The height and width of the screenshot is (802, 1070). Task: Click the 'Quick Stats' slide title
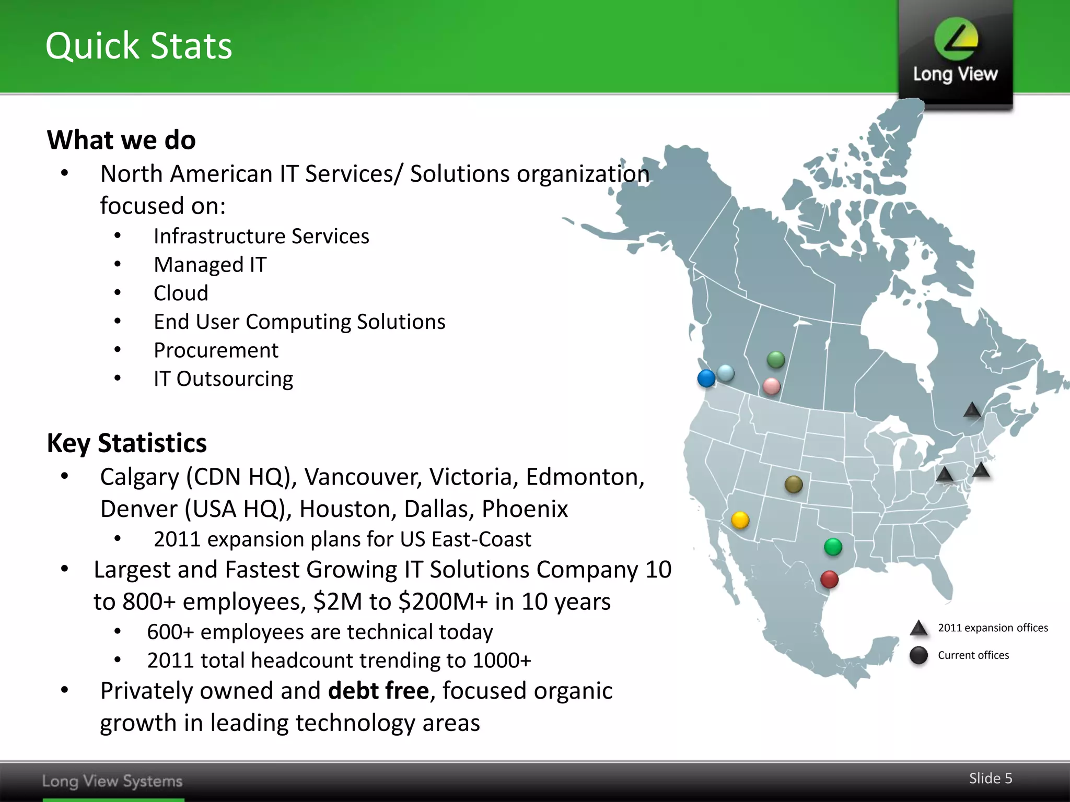[x=138, y=46]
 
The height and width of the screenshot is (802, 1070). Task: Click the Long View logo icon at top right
[x=956, y=39]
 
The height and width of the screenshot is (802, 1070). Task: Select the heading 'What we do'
[x=121, y=140]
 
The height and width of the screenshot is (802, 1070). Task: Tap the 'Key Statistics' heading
[x=126, y=443]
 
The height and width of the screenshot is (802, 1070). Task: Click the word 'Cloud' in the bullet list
[x=181, y=293]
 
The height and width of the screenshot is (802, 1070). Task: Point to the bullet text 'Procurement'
[x=216, y=350]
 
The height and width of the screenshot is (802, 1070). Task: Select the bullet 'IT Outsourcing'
[x=223, y=379]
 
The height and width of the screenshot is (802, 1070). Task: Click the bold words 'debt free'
[x=378, y=691]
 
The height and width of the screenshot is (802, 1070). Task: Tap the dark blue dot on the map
[x=706, y=378]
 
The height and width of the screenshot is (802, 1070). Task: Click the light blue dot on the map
[x=726, y=373]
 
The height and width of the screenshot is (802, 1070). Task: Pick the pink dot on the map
[x=771, y=386]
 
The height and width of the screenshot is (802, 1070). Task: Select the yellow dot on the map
[x=740, y=520]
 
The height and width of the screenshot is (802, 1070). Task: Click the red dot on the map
[x=829, y=579]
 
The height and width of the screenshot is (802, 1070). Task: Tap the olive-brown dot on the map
[x=794, y=485]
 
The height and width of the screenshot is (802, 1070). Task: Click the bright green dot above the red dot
[x=833, y=547]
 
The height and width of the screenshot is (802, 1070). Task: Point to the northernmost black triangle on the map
[x=972, y=410]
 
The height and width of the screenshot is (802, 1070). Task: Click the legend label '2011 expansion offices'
[x=993, y=628]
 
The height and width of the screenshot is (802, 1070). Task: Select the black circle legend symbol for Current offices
[x=918, y=655]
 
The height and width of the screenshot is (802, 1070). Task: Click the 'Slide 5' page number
[x=990, y=779]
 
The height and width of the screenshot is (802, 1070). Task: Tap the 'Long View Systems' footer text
[x=112, y=781]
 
